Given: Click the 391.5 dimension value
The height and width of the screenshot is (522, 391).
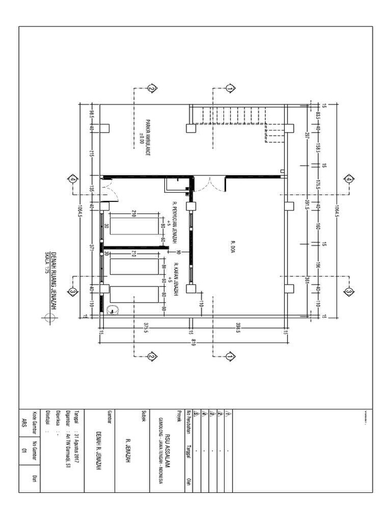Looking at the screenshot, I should [x=308, y=205].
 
